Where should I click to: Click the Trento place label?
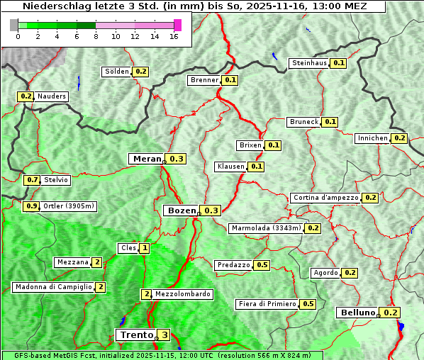coord(136,334)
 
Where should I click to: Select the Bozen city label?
coord(180,210)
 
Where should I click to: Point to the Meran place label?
coord(147,159)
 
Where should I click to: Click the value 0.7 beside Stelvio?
coord(32,180)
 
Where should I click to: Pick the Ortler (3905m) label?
coord(69,206)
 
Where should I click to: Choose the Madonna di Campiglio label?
coord(53,287)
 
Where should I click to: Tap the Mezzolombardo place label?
coord(182,294)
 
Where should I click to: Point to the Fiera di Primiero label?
coord(267,304)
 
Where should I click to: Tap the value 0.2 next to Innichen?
coord(399,138)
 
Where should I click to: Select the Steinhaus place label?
coord(309,63)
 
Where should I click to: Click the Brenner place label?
coord(205,80)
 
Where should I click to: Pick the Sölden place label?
coord(117,72)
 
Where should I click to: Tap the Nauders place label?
coord(52,96)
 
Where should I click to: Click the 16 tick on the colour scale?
coord(174,36)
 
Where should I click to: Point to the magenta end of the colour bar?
coord(177,25)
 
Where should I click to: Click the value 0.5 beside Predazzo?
coord(262,265)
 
